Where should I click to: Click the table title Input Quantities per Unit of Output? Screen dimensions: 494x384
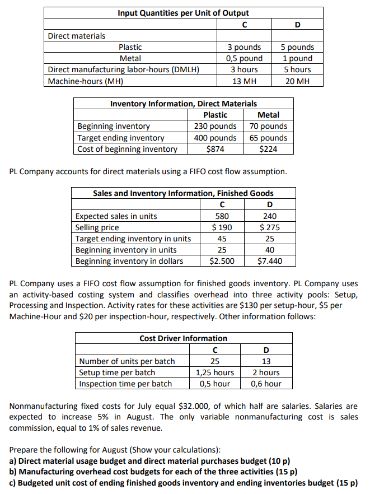tap(183, 13)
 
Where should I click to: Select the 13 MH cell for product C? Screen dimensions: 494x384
tap(244, 81)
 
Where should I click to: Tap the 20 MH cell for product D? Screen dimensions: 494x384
tap(297, 81)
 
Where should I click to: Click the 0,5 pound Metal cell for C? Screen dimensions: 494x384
tap(244, 58)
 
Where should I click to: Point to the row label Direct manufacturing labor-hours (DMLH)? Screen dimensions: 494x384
tap(124, 69)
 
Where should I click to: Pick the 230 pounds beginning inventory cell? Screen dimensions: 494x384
tap(215, 126)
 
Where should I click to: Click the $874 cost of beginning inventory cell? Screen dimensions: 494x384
tap(215, 149)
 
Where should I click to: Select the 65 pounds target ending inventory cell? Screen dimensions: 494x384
tap(268, 138)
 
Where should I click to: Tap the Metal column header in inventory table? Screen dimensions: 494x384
tap(268, 115)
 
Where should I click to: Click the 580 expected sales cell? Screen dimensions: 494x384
tap(222, 216)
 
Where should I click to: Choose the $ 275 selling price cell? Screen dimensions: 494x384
tap(270, 227)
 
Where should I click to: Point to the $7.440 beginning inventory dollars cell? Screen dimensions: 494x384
tap(270, 261)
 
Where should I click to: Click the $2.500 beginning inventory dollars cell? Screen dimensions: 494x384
tap(222, 261)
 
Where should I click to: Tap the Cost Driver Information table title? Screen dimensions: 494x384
tap(183, 338)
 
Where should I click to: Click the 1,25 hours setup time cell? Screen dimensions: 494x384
tap(214, 372)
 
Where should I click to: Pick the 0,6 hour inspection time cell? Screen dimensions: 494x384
tap(266, 384)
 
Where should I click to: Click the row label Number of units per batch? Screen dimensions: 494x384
tap(127, 361)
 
